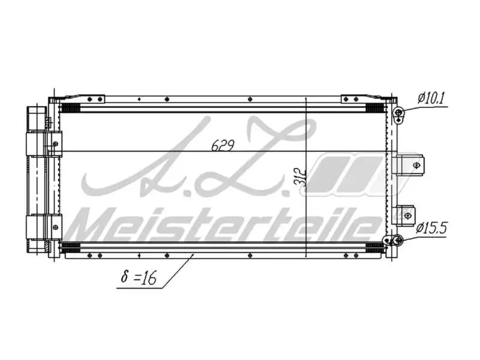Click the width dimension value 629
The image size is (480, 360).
[x=221, y=145]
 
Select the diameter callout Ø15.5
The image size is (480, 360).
[x=433, y=228]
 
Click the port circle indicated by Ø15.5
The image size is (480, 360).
[x=397, y=241]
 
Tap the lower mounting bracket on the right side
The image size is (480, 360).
[x=407, y=213]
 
